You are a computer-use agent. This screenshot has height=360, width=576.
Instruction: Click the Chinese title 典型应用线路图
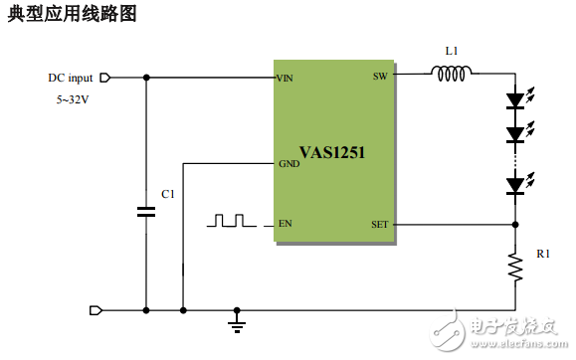coord(72,15)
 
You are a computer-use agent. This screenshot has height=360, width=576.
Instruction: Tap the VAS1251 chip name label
coord(332,153)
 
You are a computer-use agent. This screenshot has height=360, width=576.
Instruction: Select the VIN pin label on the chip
coord(287,78)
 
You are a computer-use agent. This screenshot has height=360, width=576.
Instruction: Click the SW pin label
coord(380,77)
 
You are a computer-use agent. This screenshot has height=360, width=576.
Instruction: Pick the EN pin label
coord(286,224)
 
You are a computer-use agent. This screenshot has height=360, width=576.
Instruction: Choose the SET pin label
coord(379,224)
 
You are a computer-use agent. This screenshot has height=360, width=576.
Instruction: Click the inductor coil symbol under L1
coord(453,73)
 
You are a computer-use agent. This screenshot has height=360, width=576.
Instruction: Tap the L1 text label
coord(453,50)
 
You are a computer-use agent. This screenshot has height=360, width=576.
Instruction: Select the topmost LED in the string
coord(515,99)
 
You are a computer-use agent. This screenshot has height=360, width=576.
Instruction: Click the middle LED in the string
coord(515,133)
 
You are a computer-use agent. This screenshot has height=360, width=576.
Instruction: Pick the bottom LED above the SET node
coord(515,184)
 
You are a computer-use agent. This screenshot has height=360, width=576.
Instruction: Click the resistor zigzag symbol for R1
coord(515,266)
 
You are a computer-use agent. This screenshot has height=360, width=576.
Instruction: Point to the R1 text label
coord(543,255)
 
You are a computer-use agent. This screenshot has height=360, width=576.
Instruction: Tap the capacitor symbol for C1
coord(146,211)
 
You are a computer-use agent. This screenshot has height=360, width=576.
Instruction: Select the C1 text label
coord(167,194)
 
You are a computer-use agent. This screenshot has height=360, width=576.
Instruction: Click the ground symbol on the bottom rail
coord(237,322)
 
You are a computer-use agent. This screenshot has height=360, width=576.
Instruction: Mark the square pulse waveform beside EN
coord(231,221)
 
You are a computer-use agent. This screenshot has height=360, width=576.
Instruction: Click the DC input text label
coord(70,78)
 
